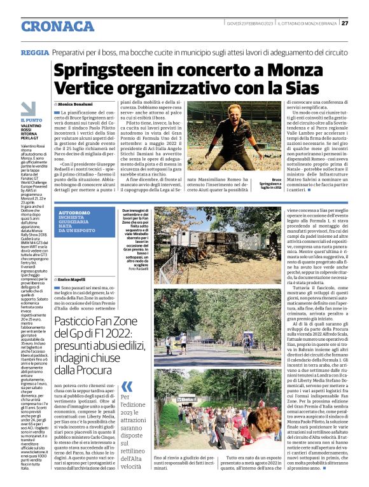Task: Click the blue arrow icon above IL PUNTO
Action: coord(29,109)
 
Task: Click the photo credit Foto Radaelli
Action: coord(137,270)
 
